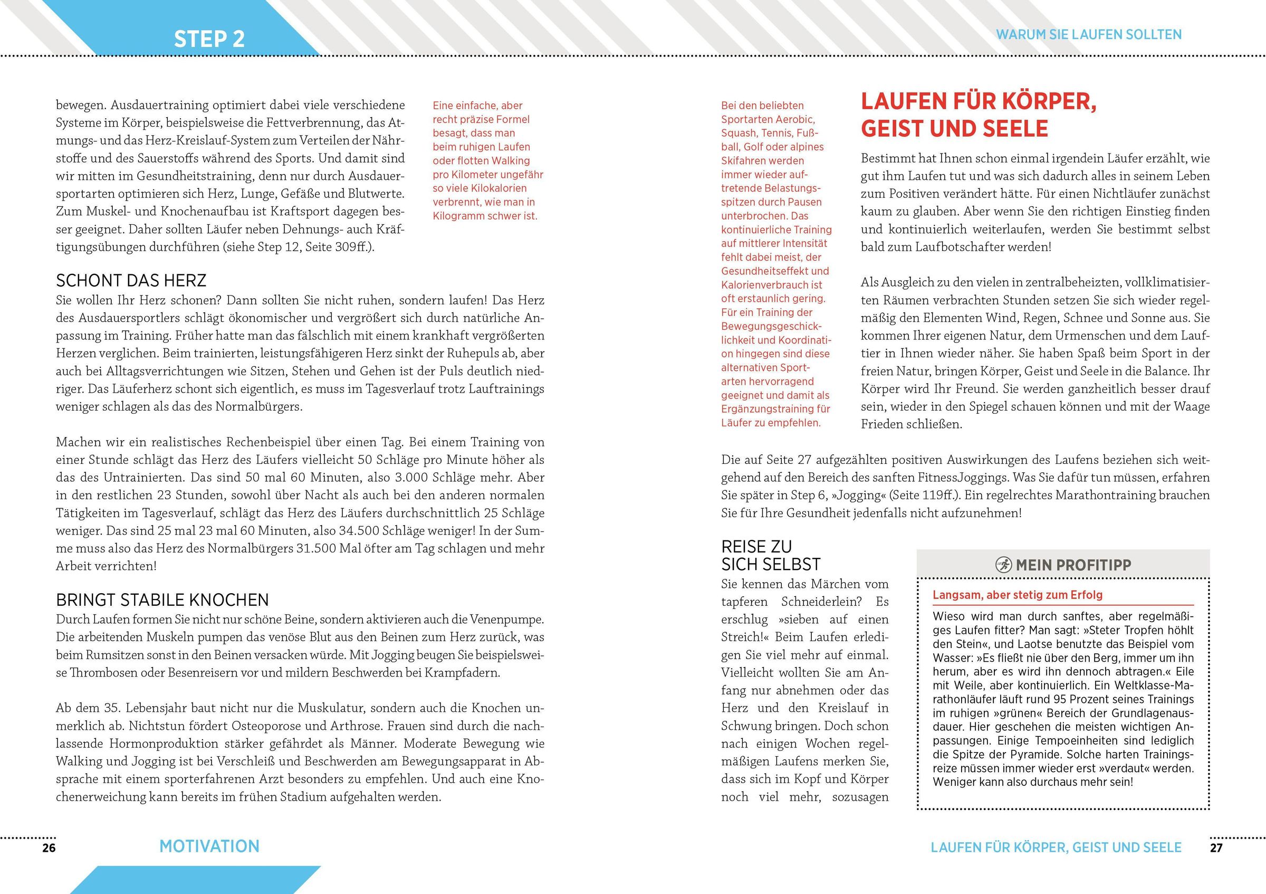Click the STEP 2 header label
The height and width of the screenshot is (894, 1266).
(x=209, y=39)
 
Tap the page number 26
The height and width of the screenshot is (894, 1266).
(x=49, y=848)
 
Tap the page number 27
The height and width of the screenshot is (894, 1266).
(x=1216, y=848)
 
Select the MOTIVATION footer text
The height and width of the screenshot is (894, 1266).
(x=209, y=847)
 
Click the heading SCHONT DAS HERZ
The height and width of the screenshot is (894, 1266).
(x=131, y=281)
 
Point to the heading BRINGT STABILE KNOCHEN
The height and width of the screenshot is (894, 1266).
(x=162, y=600)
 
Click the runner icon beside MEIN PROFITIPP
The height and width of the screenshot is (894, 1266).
(x=1003, y=565)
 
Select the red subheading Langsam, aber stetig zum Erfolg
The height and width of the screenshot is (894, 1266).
(x=1018, y=595)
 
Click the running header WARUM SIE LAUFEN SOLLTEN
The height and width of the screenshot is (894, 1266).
(x=1088, y=35)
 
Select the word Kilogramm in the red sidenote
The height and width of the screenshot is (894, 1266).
(x=460, y=216)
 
